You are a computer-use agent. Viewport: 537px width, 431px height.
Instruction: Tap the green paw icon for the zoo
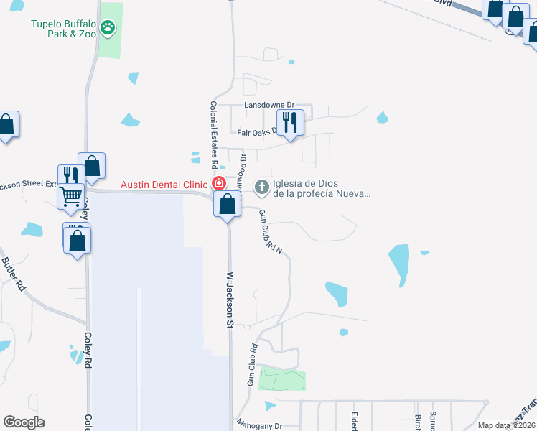click(x=107, y=28)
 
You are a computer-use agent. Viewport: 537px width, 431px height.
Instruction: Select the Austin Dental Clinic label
click(x=164, y=185)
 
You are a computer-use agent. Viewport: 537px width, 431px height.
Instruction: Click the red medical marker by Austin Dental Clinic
click(x=217, y=185)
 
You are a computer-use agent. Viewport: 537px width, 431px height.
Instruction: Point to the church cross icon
click(x=262, y=187)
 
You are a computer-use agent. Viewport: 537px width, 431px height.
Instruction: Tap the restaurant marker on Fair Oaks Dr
click(x=289, y=123)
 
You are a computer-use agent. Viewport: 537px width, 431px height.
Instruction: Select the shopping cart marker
click(x=71, y=194)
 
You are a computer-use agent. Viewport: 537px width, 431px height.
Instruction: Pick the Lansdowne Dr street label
click(x=269, y=105)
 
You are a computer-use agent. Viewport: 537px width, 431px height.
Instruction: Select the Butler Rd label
click(x=14, y=274)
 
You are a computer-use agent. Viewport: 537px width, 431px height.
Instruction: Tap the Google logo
click(x=24, y=422)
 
